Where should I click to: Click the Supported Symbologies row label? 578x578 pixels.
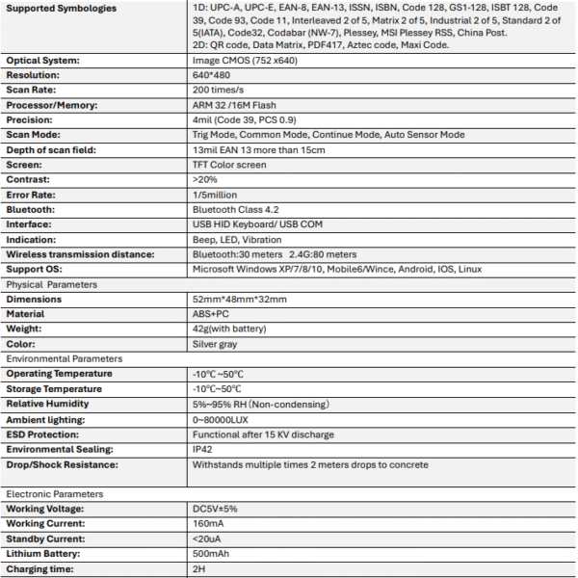tap(62, 9)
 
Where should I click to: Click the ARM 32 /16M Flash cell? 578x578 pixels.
tap(237, 104)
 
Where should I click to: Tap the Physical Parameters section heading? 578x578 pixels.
tap(51, 284)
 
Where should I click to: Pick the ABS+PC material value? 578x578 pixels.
tap(212, 314)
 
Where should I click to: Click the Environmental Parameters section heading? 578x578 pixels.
tap(64, 358)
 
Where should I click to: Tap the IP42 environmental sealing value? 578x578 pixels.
tap(203, 449)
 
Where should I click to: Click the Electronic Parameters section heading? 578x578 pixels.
tap(57, 494)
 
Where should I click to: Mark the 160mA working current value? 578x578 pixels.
tap(209, 524)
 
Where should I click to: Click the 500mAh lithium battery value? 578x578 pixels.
tap(211, 554)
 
